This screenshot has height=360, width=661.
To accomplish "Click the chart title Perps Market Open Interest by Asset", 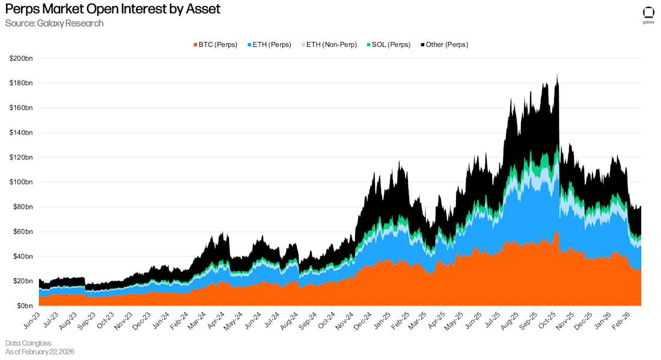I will pos(112,9).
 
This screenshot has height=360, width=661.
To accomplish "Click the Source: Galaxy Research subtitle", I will pos(54,23).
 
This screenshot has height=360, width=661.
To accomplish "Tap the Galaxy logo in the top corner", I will pos(648,15).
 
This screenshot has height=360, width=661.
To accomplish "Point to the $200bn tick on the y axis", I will pos(21,58).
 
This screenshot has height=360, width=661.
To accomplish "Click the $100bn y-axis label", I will pos(21,182).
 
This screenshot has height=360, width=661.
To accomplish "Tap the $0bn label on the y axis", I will pos(25,306).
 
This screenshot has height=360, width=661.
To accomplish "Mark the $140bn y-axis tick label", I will pos(21,133).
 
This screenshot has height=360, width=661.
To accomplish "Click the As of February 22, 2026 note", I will pos(40,351).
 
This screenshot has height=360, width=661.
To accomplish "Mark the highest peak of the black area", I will pos(557,75).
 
